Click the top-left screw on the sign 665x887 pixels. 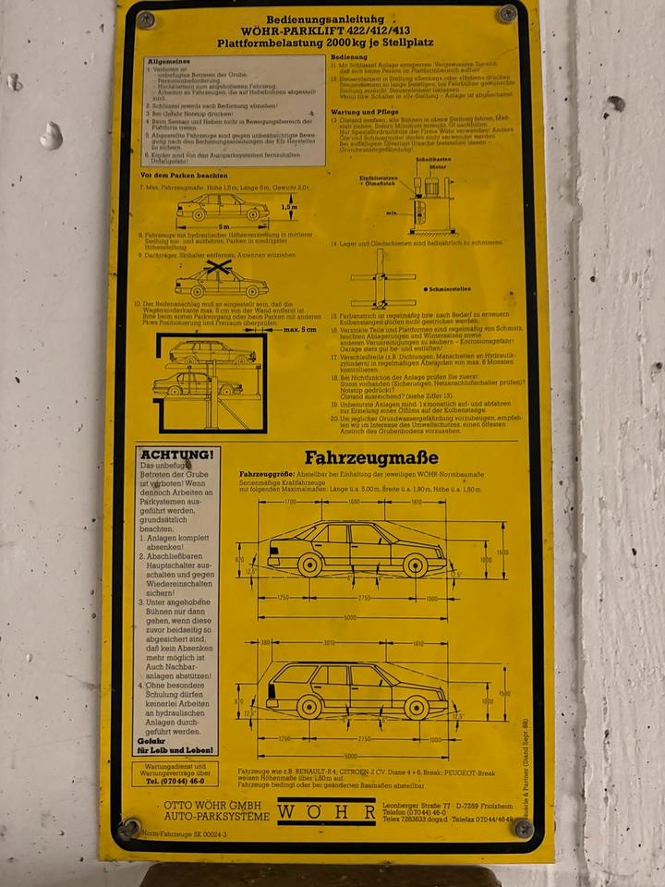145,18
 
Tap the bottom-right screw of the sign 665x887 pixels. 523,827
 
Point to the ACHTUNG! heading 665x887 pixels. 177,455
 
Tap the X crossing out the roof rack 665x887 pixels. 218,268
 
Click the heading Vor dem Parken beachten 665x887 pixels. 184,175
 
